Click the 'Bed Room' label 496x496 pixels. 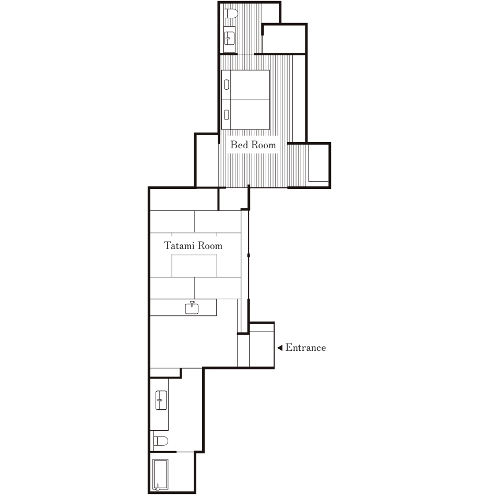(x=253, y=145)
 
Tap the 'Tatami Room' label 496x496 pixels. (x=193, y=245)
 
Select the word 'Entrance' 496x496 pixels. (x=305, y=348)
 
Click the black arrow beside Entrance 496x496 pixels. (x=280, y=348)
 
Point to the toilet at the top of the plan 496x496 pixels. (x=231, y=14)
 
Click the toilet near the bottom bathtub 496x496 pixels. (x=160, y=441)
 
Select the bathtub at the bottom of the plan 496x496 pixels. (x=160, y=475)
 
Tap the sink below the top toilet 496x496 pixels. (x=229, y=39)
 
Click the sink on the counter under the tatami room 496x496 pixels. (x=192, y=308)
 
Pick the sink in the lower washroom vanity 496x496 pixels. (x=161, y=400)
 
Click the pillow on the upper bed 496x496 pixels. (x=227, y=85)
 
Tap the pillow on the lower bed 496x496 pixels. (x=227, y=115)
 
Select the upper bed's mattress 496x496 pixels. (x=250, y=85)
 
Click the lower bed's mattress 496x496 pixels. (x=250, y=115)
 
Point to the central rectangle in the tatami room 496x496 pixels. (x=194, y=266)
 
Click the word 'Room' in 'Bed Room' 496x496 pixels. (x=264, y=145)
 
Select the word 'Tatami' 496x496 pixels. (x=179, y=245)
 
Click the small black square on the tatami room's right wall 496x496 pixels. (x=249, y=255)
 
